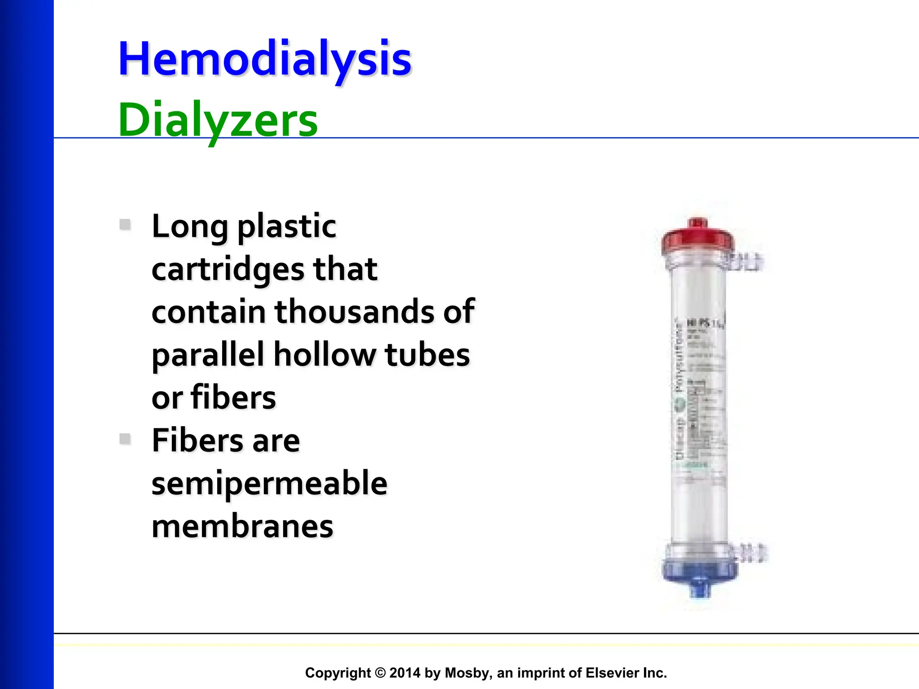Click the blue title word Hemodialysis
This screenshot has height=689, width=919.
point(265,59)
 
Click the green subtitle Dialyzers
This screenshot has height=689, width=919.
point(218,120)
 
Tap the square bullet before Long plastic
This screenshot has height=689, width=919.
point(125,224)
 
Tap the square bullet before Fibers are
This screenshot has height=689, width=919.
point(125,439)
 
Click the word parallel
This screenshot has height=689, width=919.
point(207,354)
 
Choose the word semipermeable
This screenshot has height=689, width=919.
point(269,484)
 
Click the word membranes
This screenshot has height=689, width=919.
point(242,526)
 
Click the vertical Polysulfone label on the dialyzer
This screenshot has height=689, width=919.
point(678,359)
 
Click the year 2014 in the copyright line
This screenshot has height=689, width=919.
point(405,673)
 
